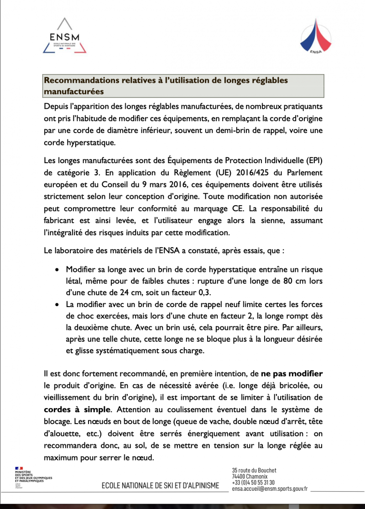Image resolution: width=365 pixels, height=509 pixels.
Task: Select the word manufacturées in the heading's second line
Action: pos(73,91)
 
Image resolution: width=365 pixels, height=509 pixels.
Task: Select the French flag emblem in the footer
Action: pos(19,469)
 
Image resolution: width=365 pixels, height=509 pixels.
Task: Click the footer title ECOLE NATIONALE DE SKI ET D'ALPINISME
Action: pos(160,485)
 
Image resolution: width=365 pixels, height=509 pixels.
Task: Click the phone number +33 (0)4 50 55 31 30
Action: pos(253,482)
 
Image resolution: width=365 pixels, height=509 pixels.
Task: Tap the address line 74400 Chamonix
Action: pos(250,477)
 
